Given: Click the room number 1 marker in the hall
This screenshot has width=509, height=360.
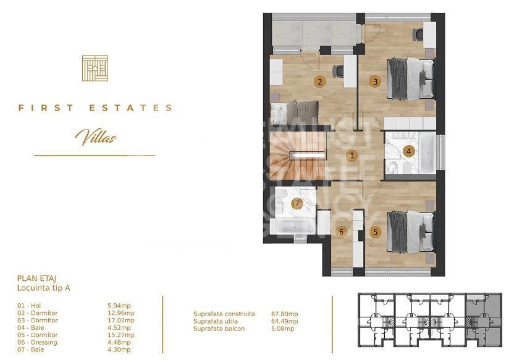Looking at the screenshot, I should point(351,156).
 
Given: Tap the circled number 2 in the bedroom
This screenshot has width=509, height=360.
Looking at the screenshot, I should point(319,82).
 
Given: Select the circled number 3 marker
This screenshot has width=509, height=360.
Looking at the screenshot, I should point(374,82).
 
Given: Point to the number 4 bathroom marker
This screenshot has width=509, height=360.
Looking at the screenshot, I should point(408,151).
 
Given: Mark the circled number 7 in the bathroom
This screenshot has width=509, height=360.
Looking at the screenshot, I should point(297,204).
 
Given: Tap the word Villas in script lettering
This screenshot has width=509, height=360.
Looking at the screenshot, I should point(95,136).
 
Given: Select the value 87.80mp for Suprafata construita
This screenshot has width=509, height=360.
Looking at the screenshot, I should point(285,314).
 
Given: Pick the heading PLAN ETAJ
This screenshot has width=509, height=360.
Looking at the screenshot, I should point(38,279).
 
